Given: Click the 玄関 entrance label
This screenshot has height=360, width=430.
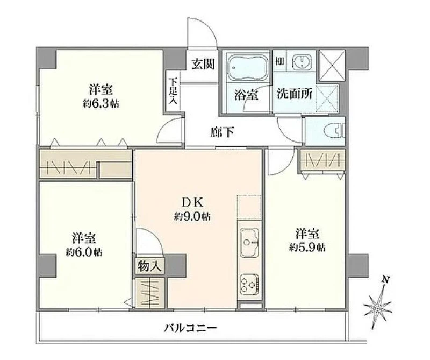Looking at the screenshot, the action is click(203, 64).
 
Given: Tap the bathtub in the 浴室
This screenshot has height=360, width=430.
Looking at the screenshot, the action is click(247, 66).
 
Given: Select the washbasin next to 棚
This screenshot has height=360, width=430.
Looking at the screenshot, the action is click(301, 61).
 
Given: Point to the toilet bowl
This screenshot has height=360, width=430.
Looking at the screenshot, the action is click(334, 131).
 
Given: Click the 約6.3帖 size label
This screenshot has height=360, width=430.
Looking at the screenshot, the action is click(101, 103).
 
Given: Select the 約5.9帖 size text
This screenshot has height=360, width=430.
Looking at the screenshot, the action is click(307, 248).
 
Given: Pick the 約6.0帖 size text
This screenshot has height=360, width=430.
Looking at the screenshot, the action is click(84, 251).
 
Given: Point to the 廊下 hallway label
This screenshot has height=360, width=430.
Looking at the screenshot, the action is click(223, 132).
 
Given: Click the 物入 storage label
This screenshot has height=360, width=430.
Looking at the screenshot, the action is click(149, 266).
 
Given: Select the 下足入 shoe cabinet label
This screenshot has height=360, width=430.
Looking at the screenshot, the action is click(173, 91).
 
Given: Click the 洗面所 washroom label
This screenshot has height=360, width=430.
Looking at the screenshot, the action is click(294, 94).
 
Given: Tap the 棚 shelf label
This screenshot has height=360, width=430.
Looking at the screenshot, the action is click(279, 61).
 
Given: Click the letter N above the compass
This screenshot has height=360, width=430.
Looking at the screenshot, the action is click(385, 280).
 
